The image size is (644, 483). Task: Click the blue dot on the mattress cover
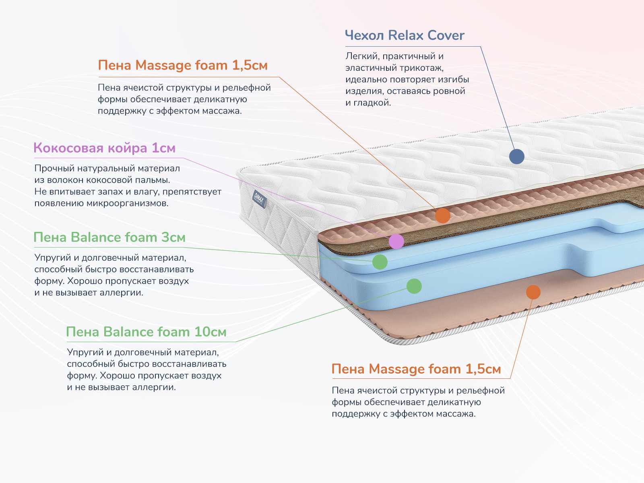point(516,156)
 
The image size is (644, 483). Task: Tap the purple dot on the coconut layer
point(396,242)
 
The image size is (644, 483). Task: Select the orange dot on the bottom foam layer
point(533,292)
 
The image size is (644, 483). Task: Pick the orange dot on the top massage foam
point(443,216)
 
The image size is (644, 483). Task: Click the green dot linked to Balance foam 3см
point(380,262)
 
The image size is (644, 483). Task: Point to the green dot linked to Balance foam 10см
point(414,286)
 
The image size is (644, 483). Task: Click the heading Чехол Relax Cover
point(405,35)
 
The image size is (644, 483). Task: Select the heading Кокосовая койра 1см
point(104,148)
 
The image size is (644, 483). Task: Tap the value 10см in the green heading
point(210,332)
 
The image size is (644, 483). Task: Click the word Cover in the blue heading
point(446,35)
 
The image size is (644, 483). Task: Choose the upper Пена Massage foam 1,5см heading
point(183,65)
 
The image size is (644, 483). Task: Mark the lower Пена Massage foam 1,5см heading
point(416,369)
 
